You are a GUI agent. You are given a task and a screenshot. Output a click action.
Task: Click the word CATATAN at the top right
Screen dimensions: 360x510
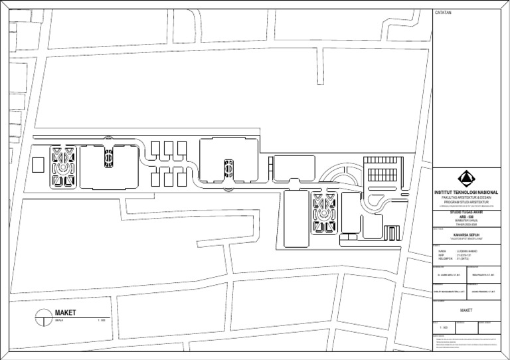(x=442, y=13)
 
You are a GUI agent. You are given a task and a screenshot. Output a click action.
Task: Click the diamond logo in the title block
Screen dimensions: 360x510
(x=466, y=179)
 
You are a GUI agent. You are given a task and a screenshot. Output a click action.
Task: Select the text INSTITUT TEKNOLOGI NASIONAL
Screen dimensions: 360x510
(x=466, y=192)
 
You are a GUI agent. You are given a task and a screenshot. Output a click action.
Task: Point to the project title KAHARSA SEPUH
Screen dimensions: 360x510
(x=466, y=234)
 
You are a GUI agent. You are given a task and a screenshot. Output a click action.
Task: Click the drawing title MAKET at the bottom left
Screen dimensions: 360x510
(x=66, y=313)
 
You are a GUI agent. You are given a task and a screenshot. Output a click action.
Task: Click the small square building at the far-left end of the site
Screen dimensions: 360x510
(x=38, y=164)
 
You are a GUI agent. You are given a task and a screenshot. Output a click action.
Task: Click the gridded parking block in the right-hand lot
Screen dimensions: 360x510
(x=381, y=170)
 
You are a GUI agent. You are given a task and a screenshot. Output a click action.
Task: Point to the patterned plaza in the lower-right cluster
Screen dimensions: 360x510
(x=325, y=214)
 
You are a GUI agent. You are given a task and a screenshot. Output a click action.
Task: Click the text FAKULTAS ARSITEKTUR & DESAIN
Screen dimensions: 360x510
(x=466, y=197)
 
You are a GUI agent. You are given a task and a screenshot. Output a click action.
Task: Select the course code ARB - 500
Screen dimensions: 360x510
(x=466, y=219)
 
